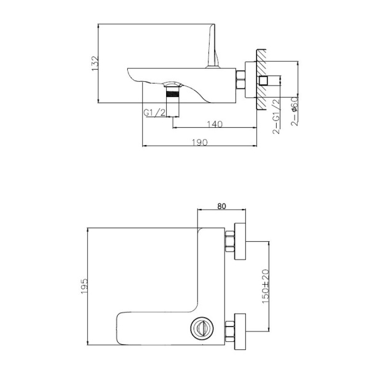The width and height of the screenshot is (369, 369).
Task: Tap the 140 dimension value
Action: coord(215,124)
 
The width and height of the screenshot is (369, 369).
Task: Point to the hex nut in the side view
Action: coord(242,80)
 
